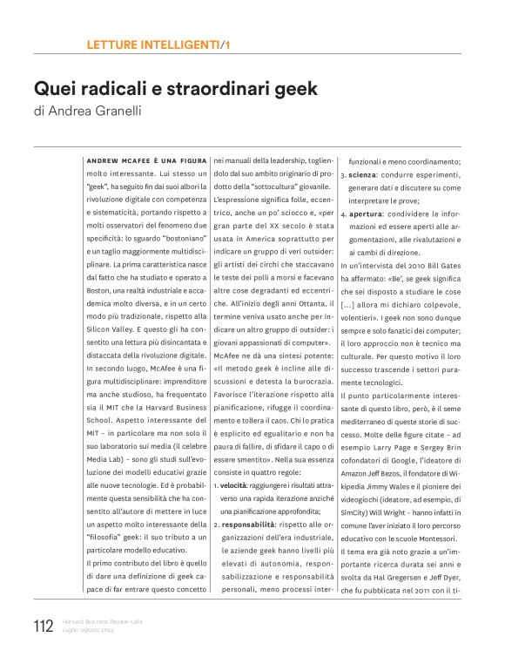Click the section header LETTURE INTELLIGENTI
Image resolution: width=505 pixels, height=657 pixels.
point(153,44)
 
